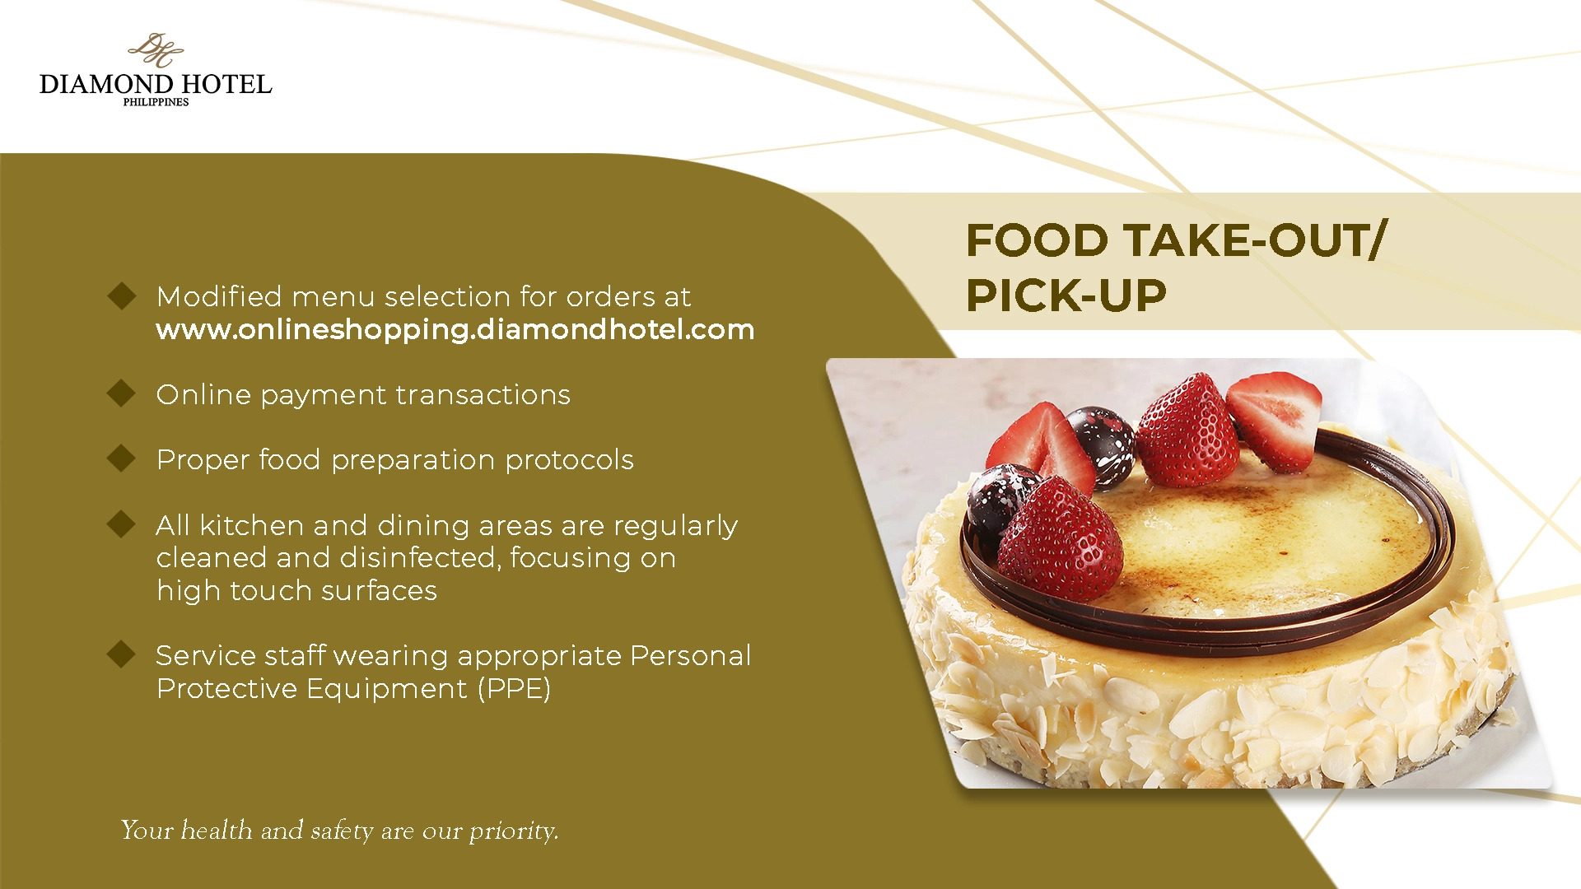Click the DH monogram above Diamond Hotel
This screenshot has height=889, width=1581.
coord(156,49)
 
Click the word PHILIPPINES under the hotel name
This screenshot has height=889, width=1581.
coord(156,102)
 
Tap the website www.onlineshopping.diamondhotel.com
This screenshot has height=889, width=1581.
coord(455,330)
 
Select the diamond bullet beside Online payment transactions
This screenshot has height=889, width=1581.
coord(122,393)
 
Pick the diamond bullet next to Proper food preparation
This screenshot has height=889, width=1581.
coord(122,458)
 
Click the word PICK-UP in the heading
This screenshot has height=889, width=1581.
coord(1066,296)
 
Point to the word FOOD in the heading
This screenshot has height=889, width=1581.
coord(1038,240)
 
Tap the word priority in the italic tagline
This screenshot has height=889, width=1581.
coord(514,831)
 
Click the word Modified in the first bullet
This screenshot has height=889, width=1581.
coord(219,296)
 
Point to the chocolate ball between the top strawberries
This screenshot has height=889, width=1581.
coord(1102,445)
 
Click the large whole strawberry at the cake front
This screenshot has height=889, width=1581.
coord(1061,539)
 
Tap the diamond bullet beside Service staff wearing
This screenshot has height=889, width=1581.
coord(122,654)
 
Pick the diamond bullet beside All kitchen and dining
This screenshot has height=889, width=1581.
coord(122,524)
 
